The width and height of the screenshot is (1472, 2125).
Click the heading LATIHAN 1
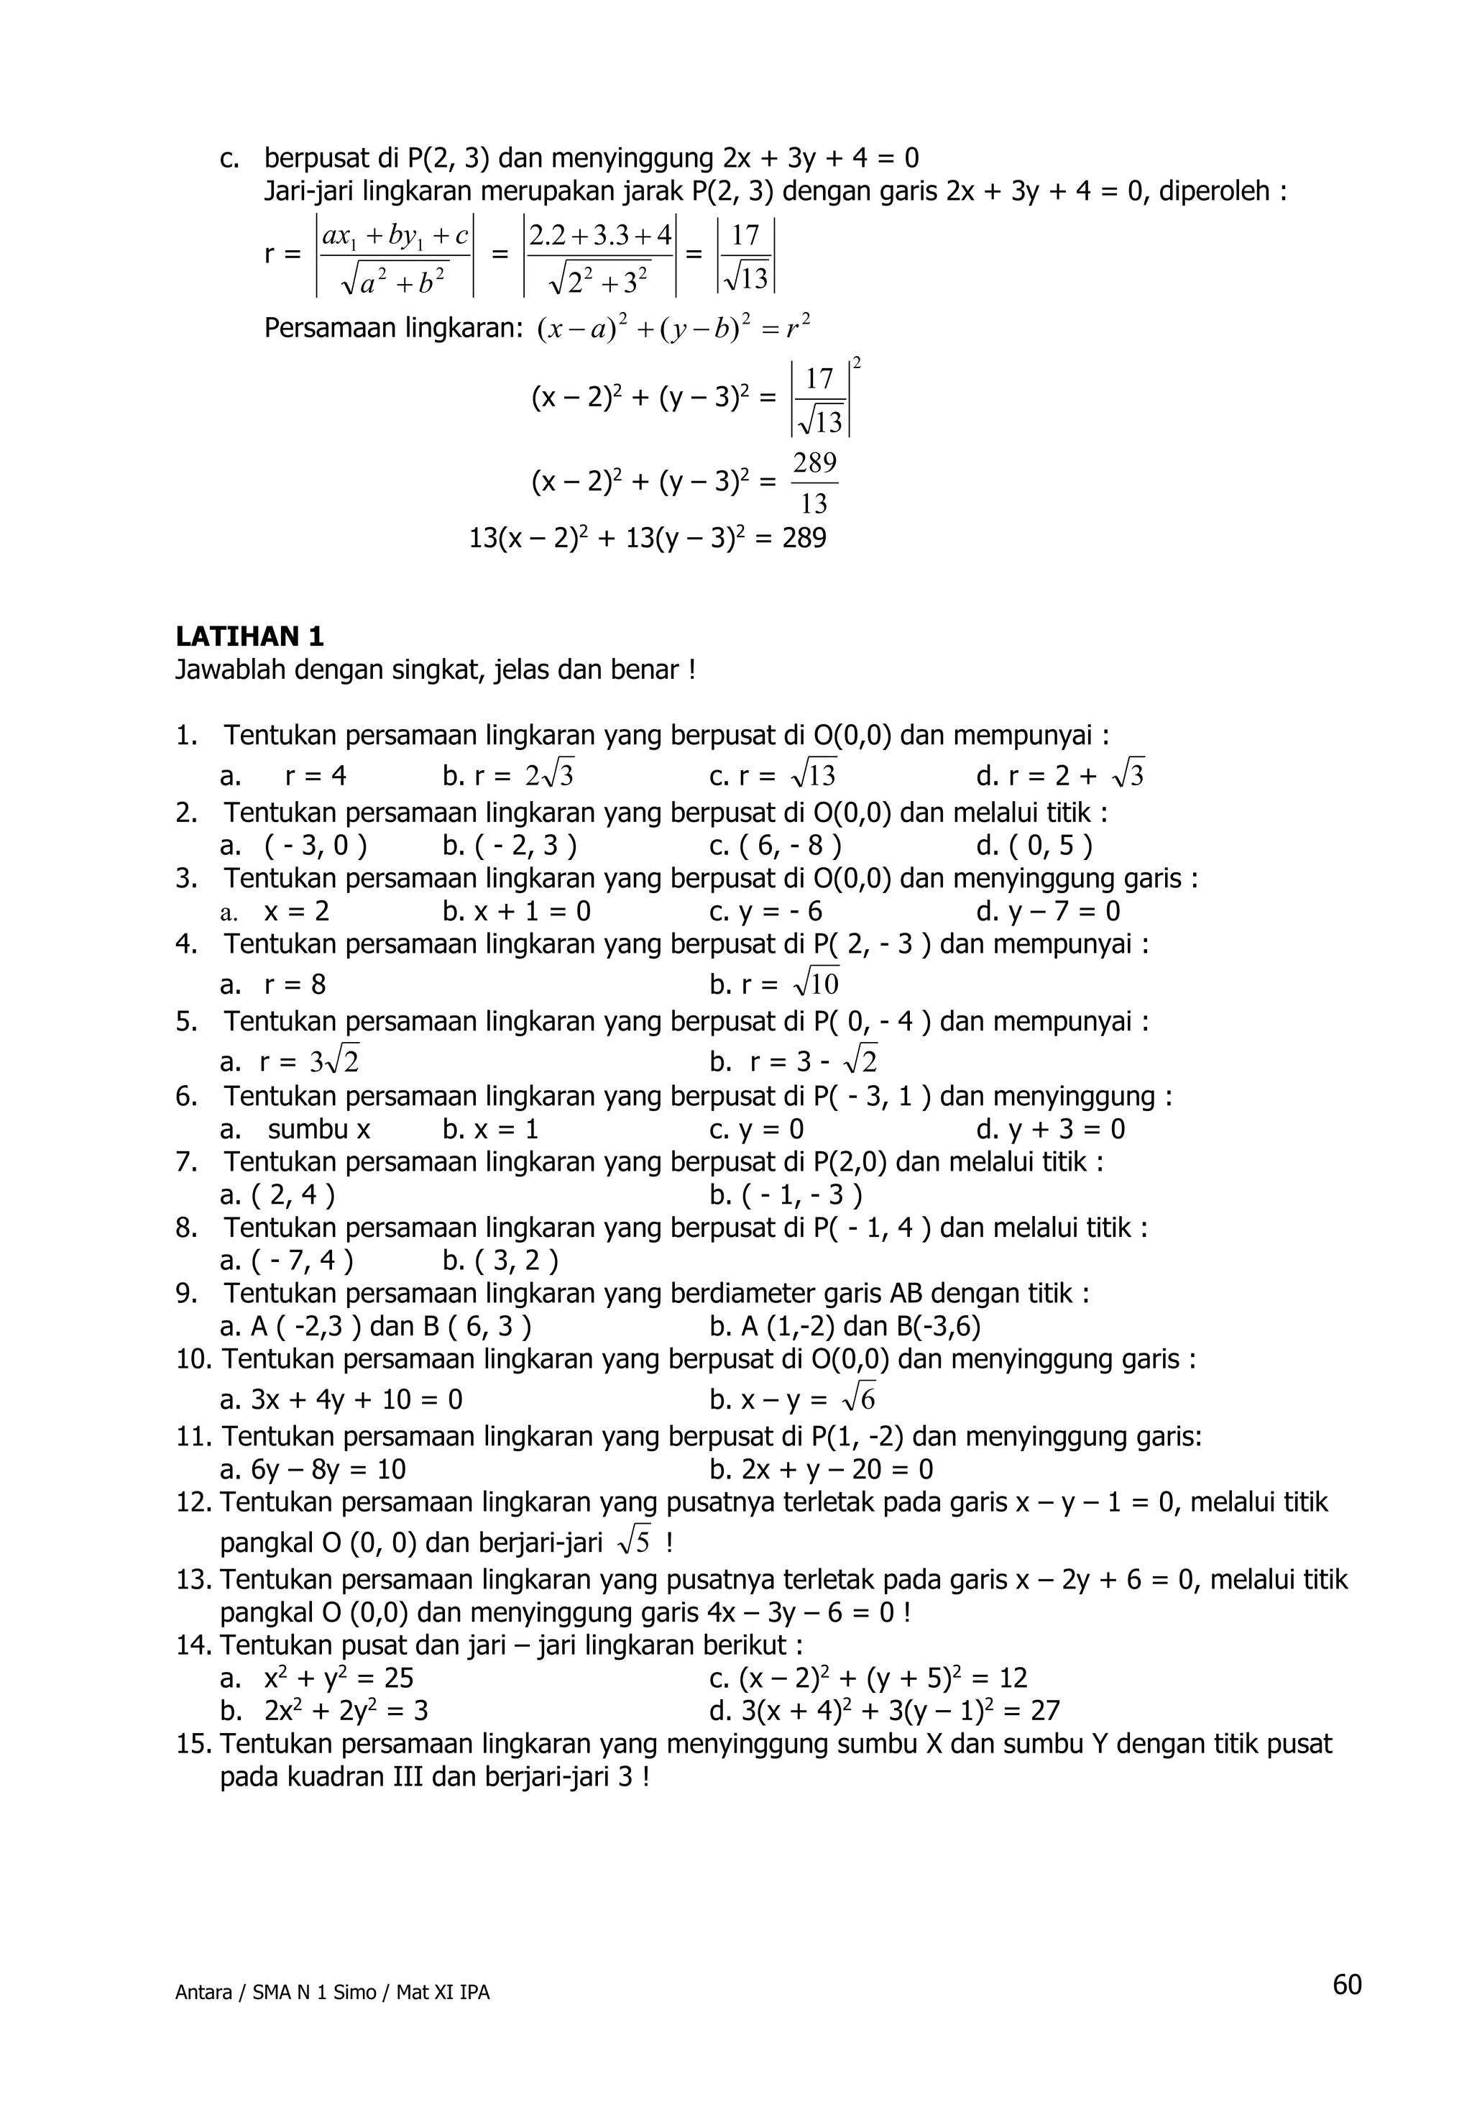(x=250, y=636)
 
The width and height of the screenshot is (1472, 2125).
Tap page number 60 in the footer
(x=1346, y=1984)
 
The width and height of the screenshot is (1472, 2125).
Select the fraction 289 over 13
(x=814, y=483)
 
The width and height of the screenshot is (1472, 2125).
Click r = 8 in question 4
(x=294, y=984)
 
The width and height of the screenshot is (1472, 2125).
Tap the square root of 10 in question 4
(x=815, y=984)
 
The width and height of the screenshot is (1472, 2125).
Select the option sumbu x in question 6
(x=319, y=1130)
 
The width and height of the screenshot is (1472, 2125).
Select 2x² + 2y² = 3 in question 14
(x=346, y=1711)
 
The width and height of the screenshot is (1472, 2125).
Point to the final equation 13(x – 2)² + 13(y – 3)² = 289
(x=648, y=538)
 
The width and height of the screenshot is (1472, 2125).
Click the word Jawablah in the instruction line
(x=231, y=670)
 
